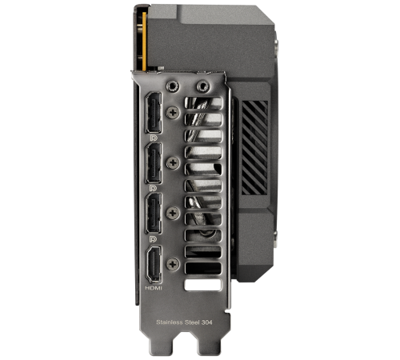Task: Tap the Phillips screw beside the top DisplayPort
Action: [x=173, y=114]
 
